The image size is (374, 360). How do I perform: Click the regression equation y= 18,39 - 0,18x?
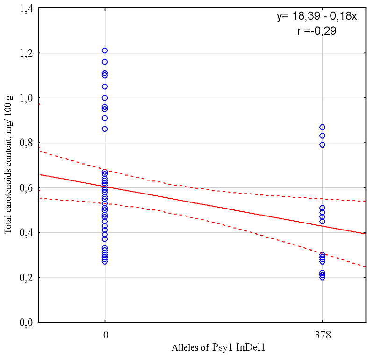pos(317,17)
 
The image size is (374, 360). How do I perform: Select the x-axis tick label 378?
pos(322,335)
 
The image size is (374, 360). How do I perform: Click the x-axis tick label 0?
pos(105,335)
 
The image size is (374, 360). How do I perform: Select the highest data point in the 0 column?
pos(105,50)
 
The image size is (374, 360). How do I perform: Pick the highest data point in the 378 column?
pos(322,127)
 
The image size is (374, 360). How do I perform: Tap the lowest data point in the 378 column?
pos(322,277)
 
